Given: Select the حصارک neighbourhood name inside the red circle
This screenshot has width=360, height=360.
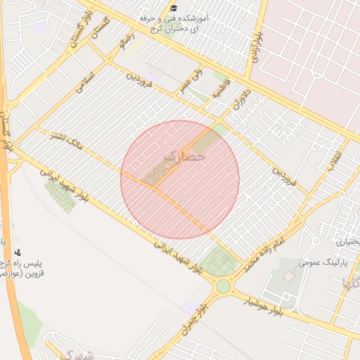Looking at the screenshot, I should tap(184, 157).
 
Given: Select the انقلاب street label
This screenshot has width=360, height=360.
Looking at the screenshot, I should tap(333, 161).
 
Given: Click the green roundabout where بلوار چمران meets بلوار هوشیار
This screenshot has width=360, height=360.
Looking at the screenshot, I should tap(223, 286).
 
